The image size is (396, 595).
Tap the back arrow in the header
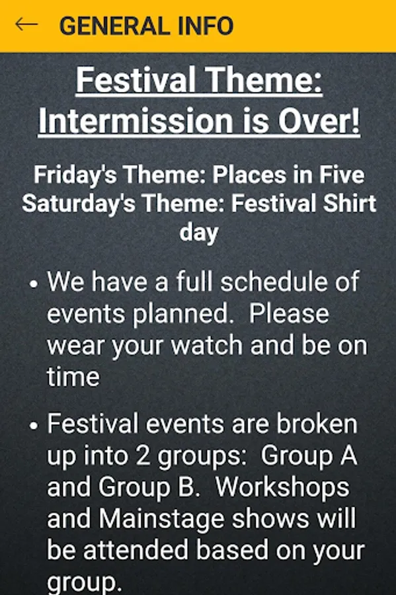point(26,24)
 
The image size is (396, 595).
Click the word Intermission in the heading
point(136,120)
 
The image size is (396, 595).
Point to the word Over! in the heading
point(319,120)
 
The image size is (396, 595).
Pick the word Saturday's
point(79,204)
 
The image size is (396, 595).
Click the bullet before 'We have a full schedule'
point(34,284)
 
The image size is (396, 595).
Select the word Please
point(289,314)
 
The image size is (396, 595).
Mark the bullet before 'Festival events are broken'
point(34,426)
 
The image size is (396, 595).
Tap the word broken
point(317,424)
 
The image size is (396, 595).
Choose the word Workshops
point(282,487)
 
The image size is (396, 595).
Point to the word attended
point(136,551)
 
